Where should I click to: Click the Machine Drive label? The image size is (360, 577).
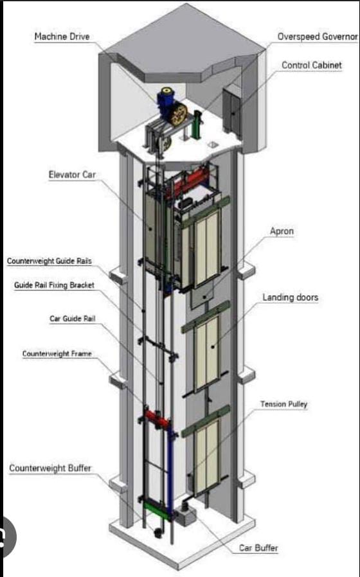point(62,37)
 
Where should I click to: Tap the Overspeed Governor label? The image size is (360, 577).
point(318,37)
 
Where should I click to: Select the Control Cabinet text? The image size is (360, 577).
point(311,65)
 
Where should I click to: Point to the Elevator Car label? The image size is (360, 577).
point(72,174)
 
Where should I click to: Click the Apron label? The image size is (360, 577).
point(282,231)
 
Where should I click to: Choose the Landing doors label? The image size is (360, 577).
point(290,297)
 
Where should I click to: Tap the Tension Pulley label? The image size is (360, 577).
point(283,404)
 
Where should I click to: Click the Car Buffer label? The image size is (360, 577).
point(258,548)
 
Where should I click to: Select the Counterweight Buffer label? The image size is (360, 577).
point(50,468)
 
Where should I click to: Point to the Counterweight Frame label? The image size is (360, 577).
point(57,353)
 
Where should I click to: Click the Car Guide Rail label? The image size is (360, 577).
point(73,319)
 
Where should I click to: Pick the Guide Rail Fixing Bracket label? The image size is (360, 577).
point(54,285)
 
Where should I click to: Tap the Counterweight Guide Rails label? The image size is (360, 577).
point(50,262)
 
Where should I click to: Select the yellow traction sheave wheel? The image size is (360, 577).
point(179,115)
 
